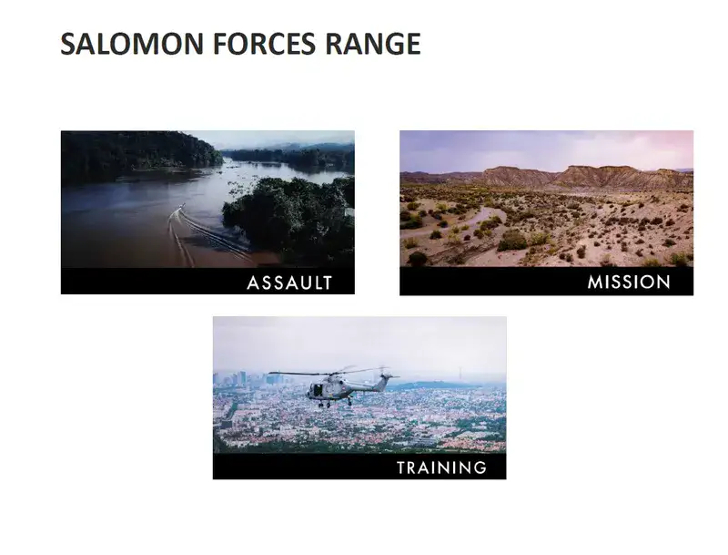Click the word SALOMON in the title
click(x=132, y=44)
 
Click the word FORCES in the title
click(x=264, y=44)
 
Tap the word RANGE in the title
click(x=372, y=44)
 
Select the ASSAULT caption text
click(x=289, y=283)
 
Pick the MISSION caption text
click(x=629, y=283)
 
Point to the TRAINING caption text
click(x=441, y=468)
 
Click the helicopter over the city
click(x=334, y=385)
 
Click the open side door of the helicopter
click(x=318, y=390)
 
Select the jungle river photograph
click(x=207, y=199)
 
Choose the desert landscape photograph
click(x=547, y=199)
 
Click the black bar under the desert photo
click(x=547, y=282)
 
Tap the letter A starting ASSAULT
click(x=253, y=283)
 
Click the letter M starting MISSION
click(x=595, y=283)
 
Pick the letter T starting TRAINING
click(x=402, y=468)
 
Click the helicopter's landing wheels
click(x=333, y=404)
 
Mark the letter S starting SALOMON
click(x=67, y=44)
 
